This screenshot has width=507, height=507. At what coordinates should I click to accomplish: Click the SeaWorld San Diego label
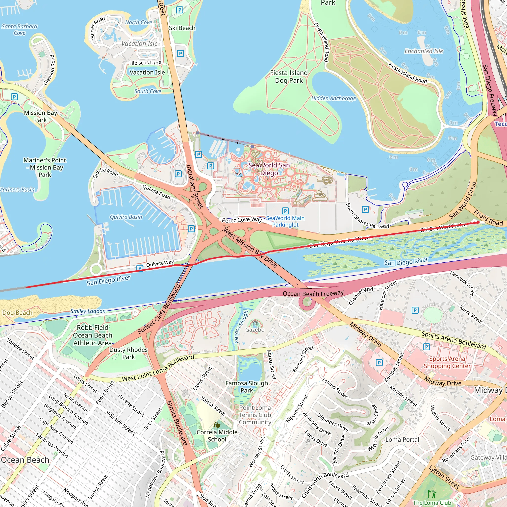point(269,169)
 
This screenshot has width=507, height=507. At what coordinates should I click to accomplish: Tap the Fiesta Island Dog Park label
point(289,77)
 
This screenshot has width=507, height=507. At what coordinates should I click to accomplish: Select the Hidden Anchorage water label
point(333,99)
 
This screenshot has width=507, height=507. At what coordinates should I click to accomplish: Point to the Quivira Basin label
point(126,217)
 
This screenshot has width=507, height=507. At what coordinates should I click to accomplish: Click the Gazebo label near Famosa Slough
point(255,330)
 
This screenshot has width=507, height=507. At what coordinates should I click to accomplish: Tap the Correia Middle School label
point(217,436)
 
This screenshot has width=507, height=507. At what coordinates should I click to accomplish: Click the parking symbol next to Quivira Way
point(140,268)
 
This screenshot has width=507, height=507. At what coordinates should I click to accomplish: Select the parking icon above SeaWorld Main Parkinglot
point(285,211)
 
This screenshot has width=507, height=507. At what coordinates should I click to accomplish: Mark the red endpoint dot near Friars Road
point(478,222)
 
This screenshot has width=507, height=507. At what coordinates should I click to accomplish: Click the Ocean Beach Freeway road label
point(313,293)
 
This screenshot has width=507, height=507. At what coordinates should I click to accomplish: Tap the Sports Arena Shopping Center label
point(447,362)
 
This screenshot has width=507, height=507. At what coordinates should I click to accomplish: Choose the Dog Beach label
point(17,313)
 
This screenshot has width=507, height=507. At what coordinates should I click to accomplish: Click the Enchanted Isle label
point(424,51)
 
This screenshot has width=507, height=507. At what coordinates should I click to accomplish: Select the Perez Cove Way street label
point(242,220)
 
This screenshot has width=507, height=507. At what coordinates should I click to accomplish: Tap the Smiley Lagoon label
point(88,311)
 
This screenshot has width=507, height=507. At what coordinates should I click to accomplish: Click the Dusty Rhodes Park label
point(128,353)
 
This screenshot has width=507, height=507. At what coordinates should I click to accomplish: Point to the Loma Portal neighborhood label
point(402,440)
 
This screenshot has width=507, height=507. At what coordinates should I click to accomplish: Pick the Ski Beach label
point(182,28)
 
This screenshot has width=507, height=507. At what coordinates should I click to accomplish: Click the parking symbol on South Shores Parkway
point(365,209)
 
